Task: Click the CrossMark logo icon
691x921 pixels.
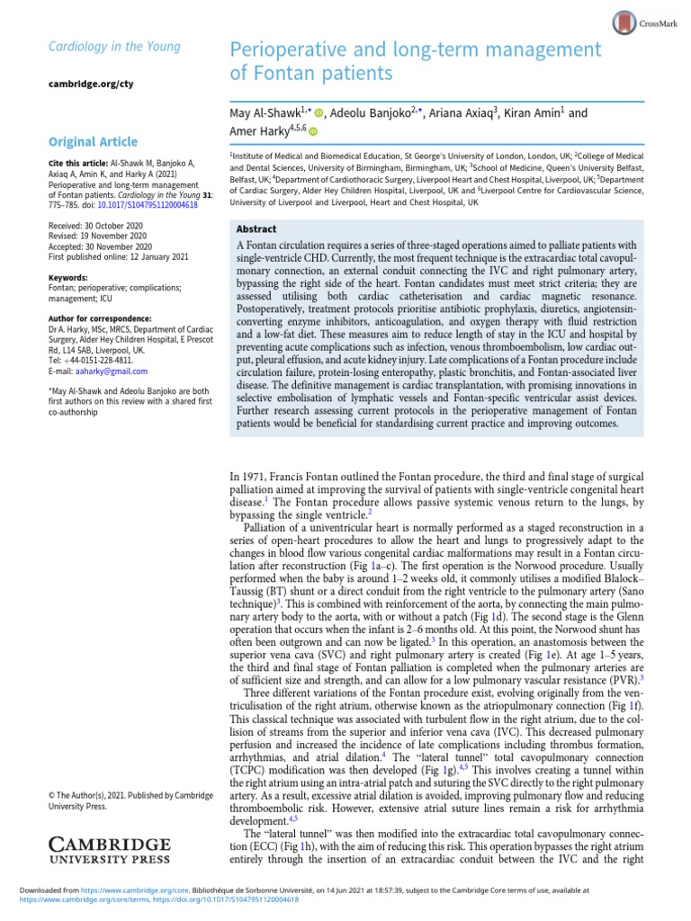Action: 624,23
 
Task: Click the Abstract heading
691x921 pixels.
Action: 256,229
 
